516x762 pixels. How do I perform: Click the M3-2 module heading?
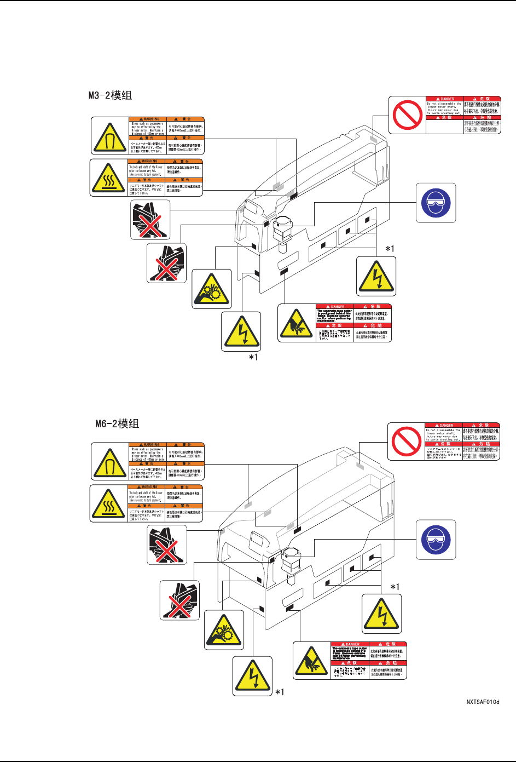110,95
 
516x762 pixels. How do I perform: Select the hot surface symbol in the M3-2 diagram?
109,178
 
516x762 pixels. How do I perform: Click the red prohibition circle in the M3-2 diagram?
407,115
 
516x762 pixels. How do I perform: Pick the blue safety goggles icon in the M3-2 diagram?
436,203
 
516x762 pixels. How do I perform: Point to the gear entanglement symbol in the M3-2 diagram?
212,289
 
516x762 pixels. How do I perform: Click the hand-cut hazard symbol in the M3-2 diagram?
297,323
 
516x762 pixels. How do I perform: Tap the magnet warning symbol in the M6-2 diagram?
109,462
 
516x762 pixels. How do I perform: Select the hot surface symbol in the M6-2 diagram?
109,503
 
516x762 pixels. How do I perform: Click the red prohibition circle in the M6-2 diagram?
407,442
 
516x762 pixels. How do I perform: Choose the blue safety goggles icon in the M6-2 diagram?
436,540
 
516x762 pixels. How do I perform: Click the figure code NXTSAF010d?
483,701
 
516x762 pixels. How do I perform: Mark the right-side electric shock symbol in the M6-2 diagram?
382,614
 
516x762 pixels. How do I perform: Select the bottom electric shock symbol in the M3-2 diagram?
241,331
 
